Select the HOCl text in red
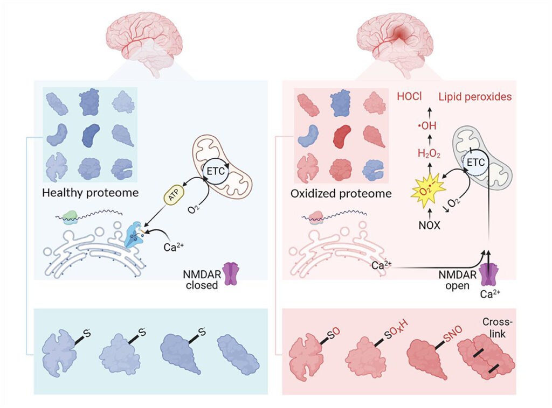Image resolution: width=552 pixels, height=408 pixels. (x=410, y=97)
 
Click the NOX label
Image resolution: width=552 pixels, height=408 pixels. (x=430, y=226)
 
